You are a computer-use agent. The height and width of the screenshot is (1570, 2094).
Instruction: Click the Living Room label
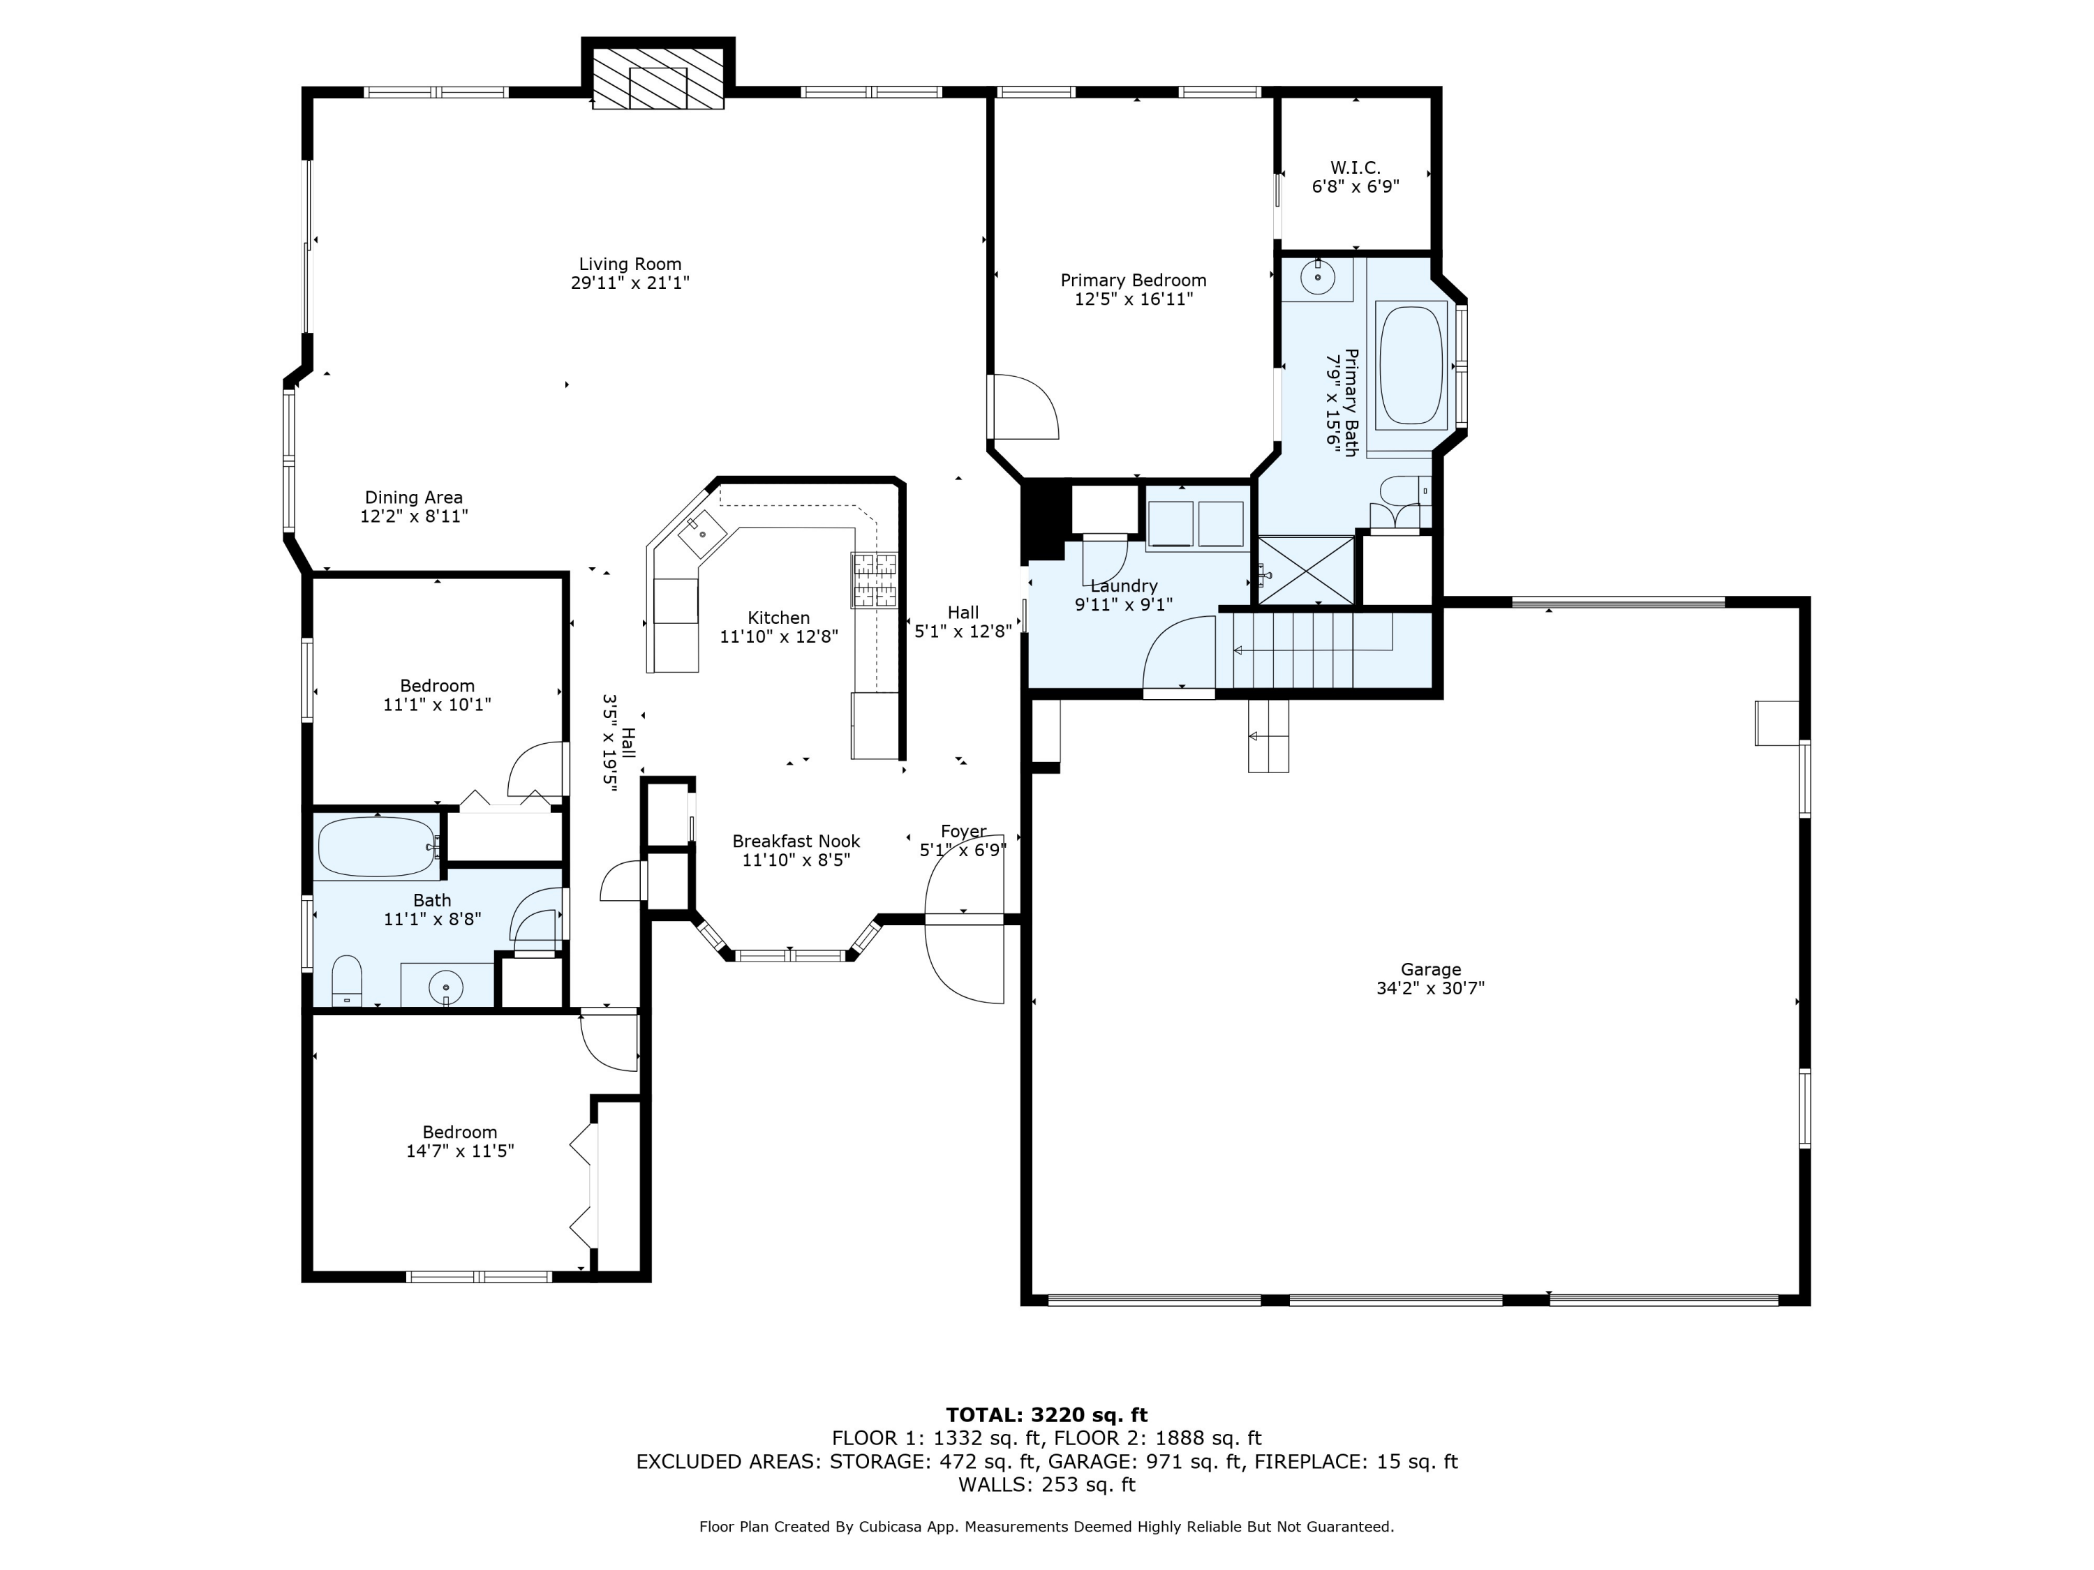(x=630, y=264)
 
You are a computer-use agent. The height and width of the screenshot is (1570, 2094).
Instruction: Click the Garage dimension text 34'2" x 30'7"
(x=1430, y=988)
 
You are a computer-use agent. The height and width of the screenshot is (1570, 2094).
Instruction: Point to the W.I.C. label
(x=1356, y=167)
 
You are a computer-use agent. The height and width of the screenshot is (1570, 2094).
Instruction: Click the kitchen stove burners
(x=874, y=579)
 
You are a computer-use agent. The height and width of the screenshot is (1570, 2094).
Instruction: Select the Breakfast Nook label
(x=796, y=840)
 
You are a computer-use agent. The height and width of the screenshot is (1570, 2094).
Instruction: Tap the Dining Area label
(x=414, y=497)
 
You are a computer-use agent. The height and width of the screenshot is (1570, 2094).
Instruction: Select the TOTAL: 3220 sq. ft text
(x=1047, y=1415)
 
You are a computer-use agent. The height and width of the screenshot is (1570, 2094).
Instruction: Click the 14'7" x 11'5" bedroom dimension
(x=460, y=1151)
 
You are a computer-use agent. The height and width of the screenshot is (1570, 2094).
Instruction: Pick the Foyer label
(x=964, y=831)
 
